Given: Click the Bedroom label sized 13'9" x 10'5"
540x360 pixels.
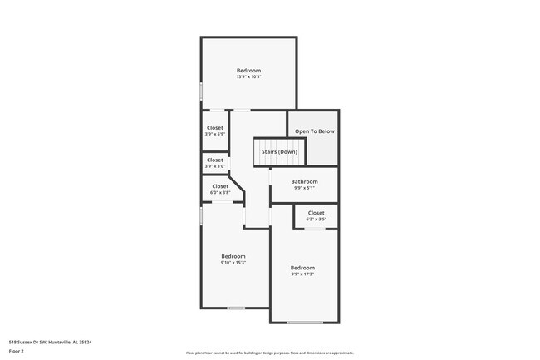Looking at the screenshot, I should [248, 71].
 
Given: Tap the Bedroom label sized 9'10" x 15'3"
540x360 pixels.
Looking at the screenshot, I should [233, 256].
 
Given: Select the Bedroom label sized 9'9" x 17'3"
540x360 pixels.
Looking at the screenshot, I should [302, 268].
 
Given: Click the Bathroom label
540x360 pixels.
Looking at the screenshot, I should [304, 181].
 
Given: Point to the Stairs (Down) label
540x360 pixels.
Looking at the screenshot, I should [279, 152].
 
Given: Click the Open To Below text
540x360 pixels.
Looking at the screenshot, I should [315, 131].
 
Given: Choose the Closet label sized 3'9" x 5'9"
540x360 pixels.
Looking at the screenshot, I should [215, 128].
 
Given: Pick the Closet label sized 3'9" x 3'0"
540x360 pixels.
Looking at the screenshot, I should [215, 160].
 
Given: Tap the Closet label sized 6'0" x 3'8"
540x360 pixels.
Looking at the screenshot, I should [220, 186].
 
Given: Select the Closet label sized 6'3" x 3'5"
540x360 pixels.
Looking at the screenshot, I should [317, 213].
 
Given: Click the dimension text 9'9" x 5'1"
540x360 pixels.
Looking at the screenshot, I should [304, 188].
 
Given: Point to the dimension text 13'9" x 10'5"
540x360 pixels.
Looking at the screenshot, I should [248, 76].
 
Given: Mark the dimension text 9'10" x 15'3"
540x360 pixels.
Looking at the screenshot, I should [233, 262].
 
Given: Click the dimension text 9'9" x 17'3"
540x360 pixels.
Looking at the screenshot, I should [302, 274].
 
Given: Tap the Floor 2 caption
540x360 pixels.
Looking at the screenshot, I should [17, 352].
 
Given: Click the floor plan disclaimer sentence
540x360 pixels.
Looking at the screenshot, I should [269, 353].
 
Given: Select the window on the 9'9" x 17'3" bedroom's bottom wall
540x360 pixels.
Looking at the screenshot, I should [304, 323].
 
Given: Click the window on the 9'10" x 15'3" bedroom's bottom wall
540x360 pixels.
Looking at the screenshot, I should [236, 308].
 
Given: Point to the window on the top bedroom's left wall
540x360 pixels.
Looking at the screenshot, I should [201, 90].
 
